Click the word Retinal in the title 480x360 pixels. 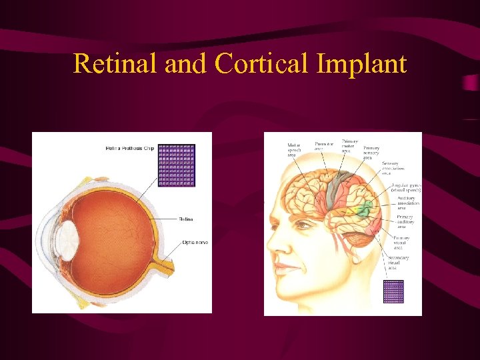pyautogui.click(x=115, y=63)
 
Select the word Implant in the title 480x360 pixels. pyautogui.click(x=361, y=63)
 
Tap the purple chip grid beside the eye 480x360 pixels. pyautogui.click(x=177, y=165)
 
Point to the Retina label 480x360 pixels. pyautogui.click(x=186, y=219)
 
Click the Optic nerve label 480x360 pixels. pyautogui.click(x=195, y=243)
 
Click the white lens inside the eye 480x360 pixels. pyautogui.click(x=67, y=237)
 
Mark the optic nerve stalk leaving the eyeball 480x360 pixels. pyautogui.click(x=163, y=267)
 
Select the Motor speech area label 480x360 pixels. pyautogui.click(x=294, y=150)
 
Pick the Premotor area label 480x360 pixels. pyautogui.click(x=324, y=145)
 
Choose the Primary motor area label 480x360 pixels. pyautogui.click(x=349, y=146)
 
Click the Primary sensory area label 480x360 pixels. pyautogui.click(x=371, y=151)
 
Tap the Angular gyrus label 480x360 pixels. pyautogui.click(x=405, y=187)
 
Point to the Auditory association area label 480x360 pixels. pyautogui.click(x=406, y=201)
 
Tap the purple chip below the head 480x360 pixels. pyautogui.click(x=393, y=291)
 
